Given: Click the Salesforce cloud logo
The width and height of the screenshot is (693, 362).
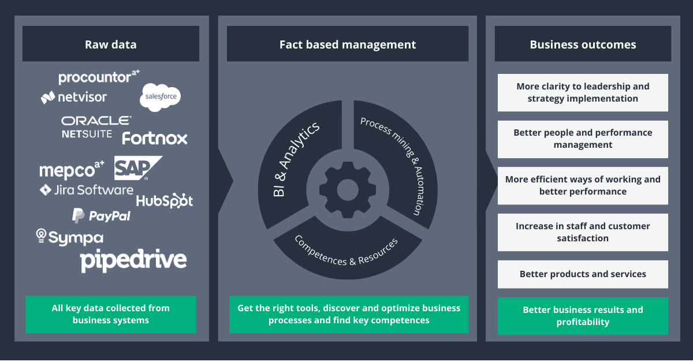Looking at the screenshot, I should pos(160,96).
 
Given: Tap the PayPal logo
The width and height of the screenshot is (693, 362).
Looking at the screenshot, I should pos(101,216).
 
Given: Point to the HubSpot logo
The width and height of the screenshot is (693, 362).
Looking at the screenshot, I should pos(165,200).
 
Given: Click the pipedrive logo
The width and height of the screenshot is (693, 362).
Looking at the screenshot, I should pos(133,260).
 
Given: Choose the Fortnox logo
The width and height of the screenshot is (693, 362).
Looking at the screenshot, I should pos(155,139).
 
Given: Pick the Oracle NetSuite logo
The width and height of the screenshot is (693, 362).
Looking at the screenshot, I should pos(96,126).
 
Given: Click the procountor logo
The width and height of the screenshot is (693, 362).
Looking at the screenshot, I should pos(99,77).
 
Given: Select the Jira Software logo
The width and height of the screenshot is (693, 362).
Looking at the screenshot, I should pos(86,190).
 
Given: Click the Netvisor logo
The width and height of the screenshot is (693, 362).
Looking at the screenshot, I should pos(73,97).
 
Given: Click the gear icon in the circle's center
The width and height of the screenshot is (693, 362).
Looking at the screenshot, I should pos(347,189).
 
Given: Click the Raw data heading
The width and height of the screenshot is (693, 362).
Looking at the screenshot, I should pos(111,44).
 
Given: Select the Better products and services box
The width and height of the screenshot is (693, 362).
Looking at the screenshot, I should pos(583,274).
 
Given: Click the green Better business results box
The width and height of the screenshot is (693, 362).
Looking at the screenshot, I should pos(583,316).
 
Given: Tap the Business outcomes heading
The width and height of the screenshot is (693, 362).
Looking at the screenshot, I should pos(583,44).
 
